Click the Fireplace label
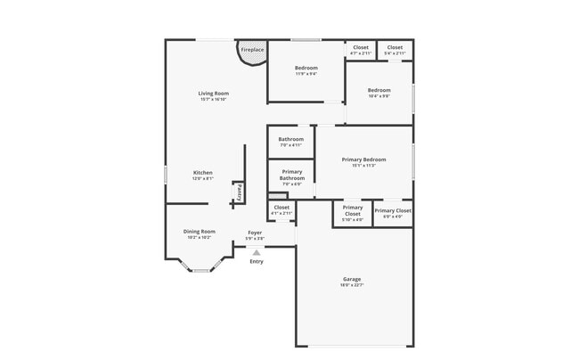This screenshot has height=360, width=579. (252, 50)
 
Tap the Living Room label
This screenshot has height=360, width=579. (214, 94)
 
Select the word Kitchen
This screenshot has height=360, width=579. (203, 172)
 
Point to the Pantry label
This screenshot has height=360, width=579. (240, 192)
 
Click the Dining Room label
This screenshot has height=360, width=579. (200, 231)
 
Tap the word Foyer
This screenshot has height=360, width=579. (255, 233)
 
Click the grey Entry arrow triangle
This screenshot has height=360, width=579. (257, 252)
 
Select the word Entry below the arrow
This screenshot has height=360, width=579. (257, 261)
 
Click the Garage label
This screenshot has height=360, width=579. (352, 279)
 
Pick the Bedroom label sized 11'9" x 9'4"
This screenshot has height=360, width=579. (306, 68)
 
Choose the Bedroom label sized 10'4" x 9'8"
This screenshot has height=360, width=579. (379, 90)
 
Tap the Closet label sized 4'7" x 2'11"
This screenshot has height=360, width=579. (361, 47)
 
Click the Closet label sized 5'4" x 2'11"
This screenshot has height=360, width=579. (395, 47)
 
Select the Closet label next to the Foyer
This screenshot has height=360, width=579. (281, 208)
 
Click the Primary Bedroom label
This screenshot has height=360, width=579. (363, 160)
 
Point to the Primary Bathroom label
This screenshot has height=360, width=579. (292, 175)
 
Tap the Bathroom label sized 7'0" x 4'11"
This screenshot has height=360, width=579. (291, 139)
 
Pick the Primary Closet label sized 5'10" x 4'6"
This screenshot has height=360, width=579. (353, 211)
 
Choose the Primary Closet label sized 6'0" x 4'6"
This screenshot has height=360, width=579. (393, 211)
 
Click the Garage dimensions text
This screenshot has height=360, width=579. (352, 285)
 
